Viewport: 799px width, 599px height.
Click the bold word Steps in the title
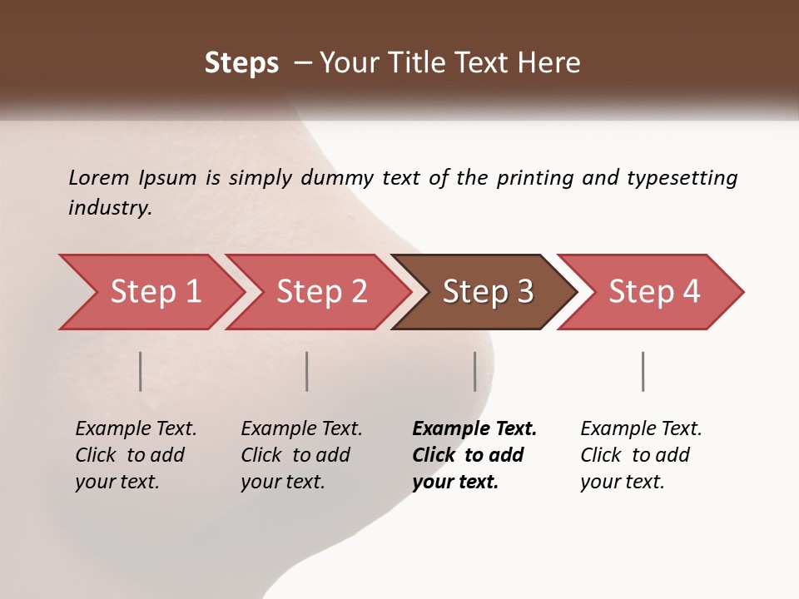pyautogui.click(x=241, y=62)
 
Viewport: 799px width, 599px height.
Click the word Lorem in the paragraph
pyautogui.click(x=98, y=177)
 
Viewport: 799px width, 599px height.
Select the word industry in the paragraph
pyautogui.click(x=110, y=208)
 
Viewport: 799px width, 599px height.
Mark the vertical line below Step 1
pyautogui.click(x=141, y=371)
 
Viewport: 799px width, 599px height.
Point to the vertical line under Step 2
pyautogui.click(x=307, y=371)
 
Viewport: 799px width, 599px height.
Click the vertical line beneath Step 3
pyautogui.click(x=475, y=371)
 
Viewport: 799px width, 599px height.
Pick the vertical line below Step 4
pyautogui.click(x=643, y=371)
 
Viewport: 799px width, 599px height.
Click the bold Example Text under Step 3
pyautogui.click(x=474, y=428)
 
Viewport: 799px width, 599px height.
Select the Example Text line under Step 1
pyautogui.click(x=136, y=428)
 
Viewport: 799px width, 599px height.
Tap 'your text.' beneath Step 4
pyautogui.click(x=623, y=482)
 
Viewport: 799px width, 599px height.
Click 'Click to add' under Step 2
pyautogui.click(x=295, y=455)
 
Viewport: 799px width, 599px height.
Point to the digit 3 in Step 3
pyautogui.click(x=524, y=292)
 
